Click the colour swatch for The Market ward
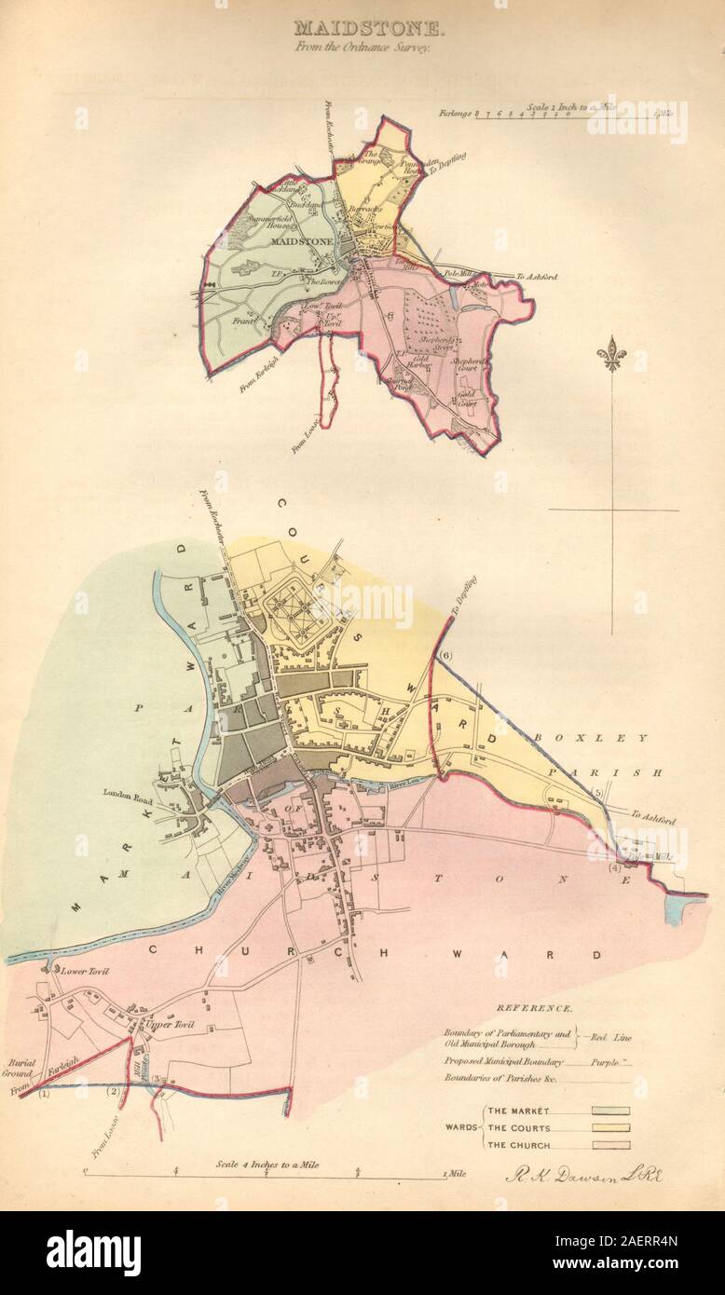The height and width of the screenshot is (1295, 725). [x=605, y=1111]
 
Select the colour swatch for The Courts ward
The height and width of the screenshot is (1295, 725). [x=605, y=1128]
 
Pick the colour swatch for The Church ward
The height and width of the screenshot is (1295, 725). [x=605, y=1145]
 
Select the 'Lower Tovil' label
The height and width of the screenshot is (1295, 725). [x=86, y=971]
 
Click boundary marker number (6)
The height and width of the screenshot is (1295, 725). [x=445, y=656]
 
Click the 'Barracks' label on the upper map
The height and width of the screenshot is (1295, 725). [x=361, y=211]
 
